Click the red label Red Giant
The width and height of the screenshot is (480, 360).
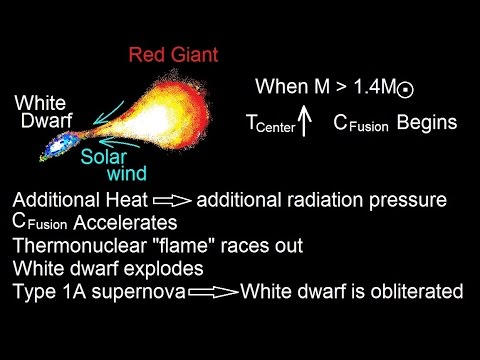[173, 53]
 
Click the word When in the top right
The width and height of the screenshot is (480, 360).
[279, 87]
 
